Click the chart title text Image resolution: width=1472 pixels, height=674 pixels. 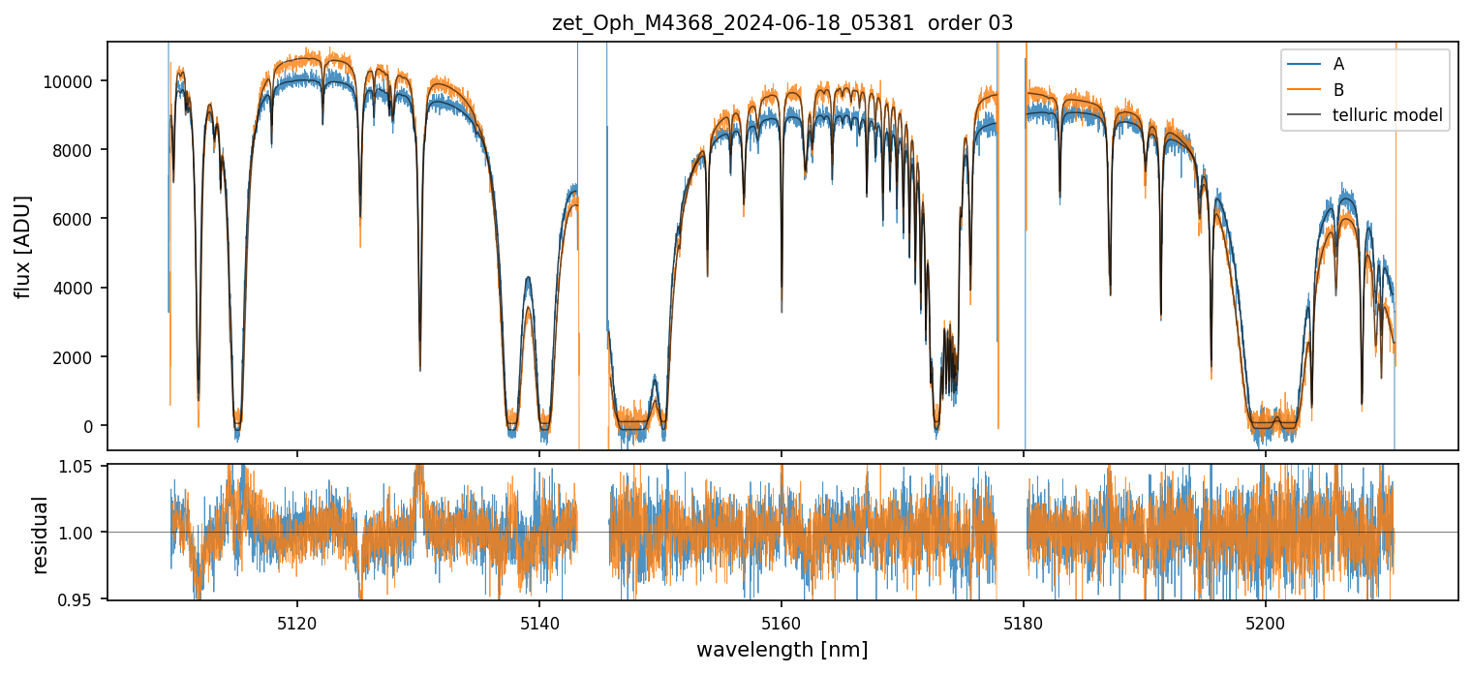pyautogui.click(x=782, y=23)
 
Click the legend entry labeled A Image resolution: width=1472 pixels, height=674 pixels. pyautogui.click(x=1338, y=64)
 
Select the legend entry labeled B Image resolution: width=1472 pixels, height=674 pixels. pyautogui.click(x=1338, y=90)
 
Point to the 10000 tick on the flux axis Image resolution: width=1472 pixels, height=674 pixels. pyautogui.click(x=75, y=80)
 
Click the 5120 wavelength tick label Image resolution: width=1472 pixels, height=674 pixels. pyautogui.click(x=297, y=620)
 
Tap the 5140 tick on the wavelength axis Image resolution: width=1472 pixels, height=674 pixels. pyautogui.click(x=539, y=620)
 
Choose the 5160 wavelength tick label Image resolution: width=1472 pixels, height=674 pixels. pyautogui.click(x=782, y=620)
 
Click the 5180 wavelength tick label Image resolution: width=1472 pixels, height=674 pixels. pyautogui.click(x=1025, y=620)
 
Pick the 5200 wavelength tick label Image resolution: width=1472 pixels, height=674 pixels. pyautogui.click(x=1267, y=620)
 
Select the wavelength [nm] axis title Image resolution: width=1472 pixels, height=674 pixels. pyautogui.click(x=782, y=649)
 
